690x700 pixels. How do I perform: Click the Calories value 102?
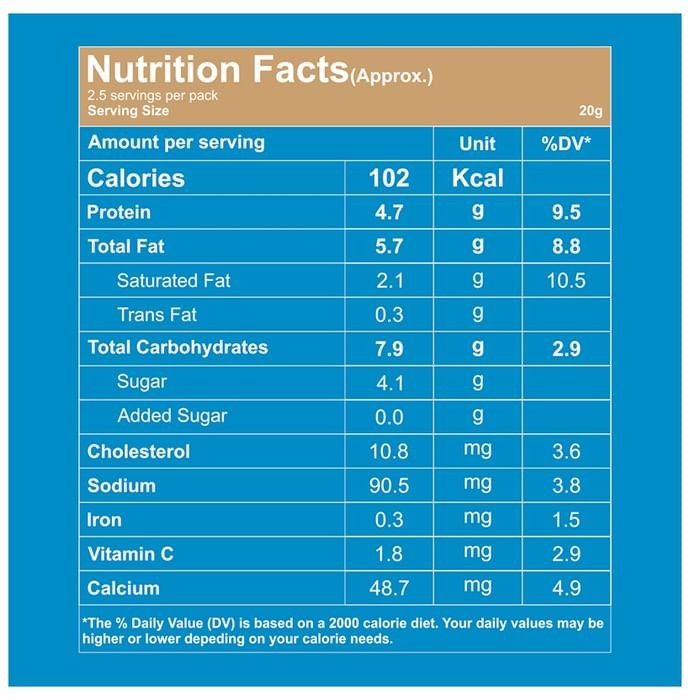(x=389, y=178)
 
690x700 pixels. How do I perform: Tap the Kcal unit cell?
(x=478, y=178)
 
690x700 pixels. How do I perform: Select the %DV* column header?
(x=566, y=144)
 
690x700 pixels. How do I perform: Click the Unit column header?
(x=477, y=144)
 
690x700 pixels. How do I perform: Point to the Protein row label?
(x=119, y=212)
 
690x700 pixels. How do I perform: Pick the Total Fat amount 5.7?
(x=389, y=246)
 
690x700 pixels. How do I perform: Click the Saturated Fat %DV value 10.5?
(x=566, y=280)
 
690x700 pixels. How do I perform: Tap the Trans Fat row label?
(x=157, y=315)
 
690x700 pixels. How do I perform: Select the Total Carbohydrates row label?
(x=178, y=347)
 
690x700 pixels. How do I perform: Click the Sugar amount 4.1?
(x=390, y=383)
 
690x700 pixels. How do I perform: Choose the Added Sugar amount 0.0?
(x=389, y=417)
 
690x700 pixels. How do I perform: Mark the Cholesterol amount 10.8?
(x=389, y=451)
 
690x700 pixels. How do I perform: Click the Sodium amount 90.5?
(x=389, y=485)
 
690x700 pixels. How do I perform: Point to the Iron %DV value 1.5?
(x=566, y=520)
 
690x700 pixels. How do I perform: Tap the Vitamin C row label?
(x=130, y=554)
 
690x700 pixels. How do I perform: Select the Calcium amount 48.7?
(x=389, y=588)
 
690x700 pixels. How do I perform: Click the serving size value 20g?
(x=590, y=111)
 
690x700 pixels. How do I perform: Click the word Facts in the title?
(x=301, y=69)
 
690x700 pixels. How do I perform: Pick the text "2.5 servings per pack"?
(x=153, y=96)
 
